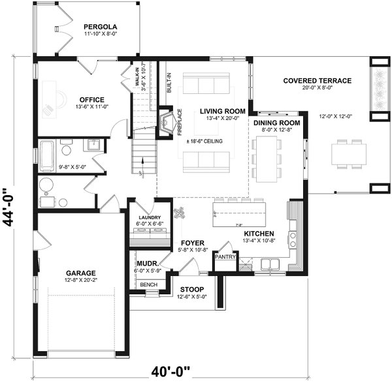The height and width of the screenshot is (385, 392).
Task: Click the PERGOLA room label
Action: pos(101,27)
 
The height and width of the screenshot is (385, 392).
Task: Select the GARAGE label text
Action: pos(81,273)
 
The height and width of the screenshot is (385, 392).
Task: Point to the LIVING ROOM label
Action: pos(223,111)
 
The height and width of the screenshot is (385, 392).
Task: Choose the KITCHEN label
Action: pos(259,234)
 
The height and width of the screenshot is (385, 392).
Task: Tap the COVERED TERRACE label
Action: pos(317,80)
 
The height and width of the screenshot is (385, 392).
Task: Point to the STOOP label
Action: pos(191,289)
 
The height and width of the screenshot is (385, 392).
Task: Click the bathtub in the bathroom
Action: pos(47,155)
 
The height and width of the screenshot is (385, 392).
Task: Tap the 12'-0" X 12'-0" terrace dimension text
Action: pos(336,116)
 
